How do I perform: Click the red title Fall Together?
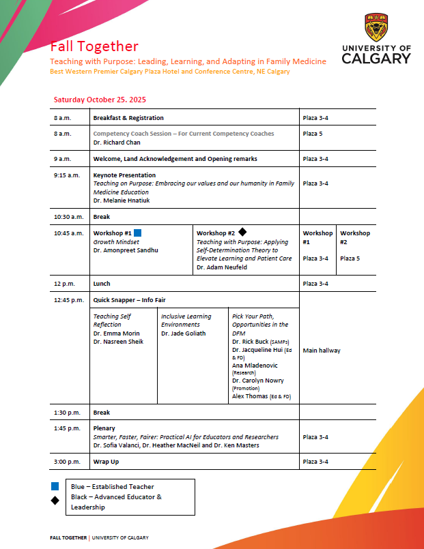tap(94, 46)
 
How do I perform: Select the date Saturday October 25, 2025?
tap(100, 100)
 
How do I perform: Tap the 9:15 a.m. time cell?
tap(66, 175)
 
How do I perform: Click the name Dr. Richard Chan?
tap(117, 143)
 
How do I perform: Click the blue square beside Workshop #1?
tap(137, 233)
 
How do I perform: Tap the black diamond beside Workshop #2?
tap(242, 233)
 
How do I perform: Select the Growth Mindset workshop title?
tap(116, 241)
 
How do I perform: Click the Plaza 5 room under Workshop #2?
tap(350, 258)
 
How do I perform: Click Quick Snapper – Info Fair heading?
tap(129, 300)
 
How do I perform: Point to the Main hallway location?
tap(322, 351)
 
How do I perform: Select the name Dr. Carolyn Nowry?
tap(258, 381)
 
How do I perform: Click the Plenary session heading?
tap(105, 428)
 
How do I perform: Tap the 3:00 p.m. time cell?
tap(67, 462)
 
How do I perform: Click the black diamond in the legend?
tap(55, 501)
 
